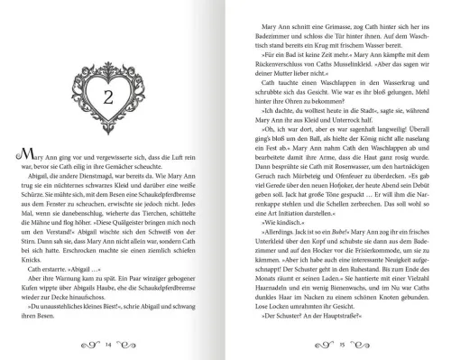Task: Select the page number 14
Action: coord(108,344)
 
